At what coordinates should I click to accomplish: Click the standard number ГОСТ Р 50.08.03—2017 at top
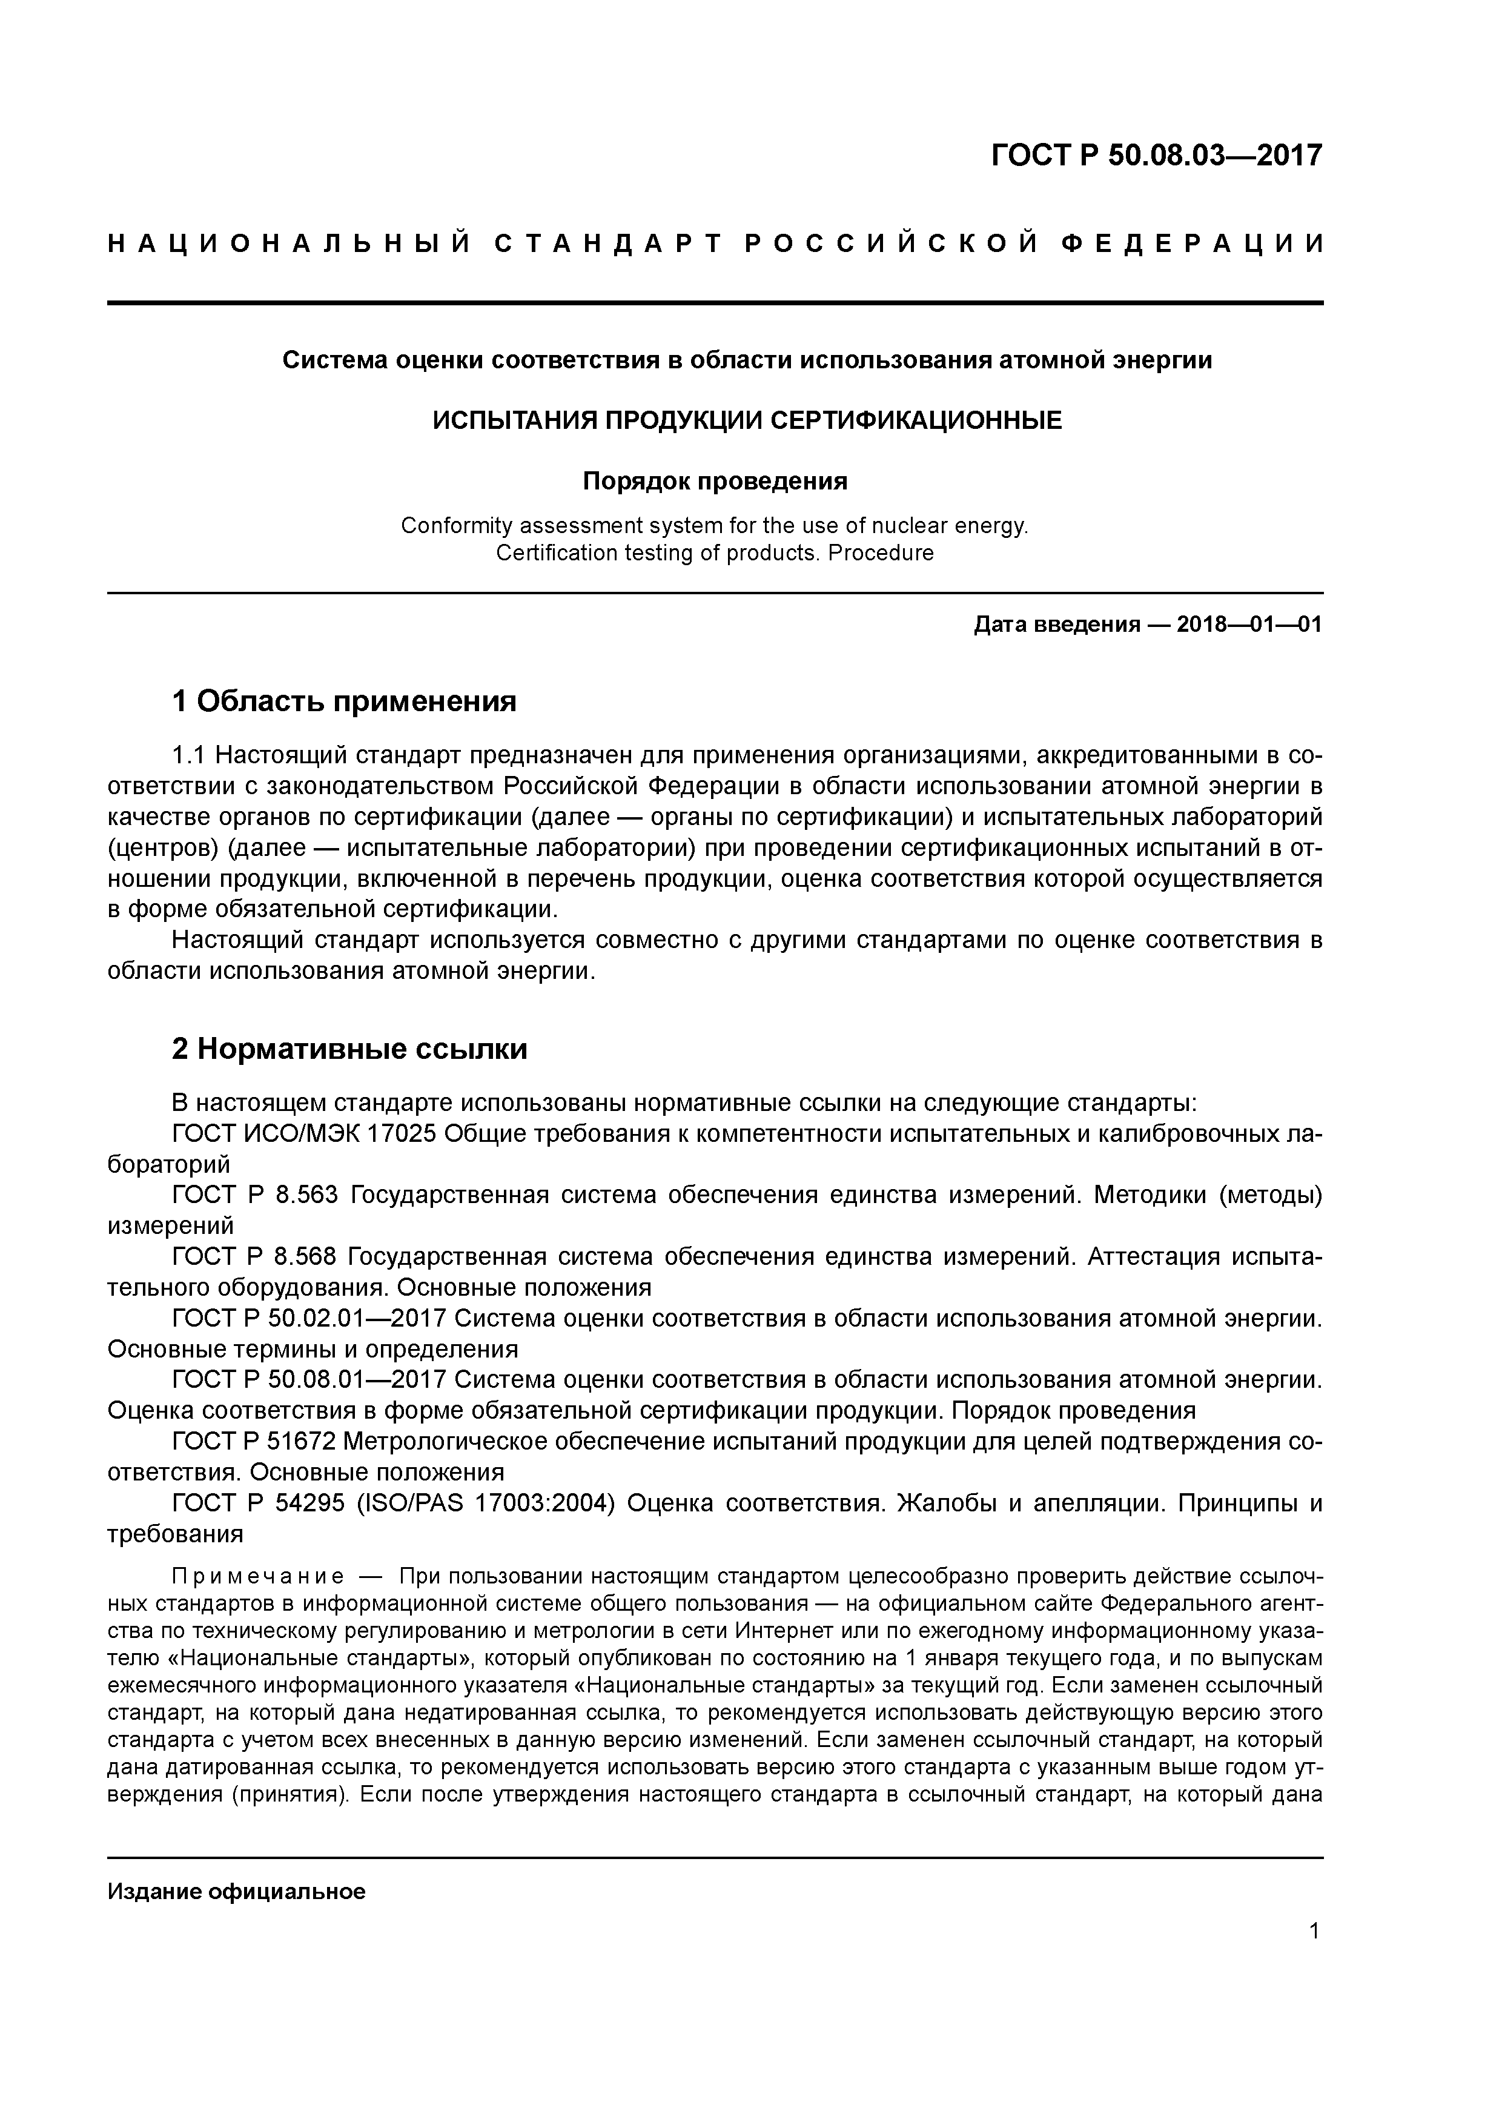(x=1156, y=156)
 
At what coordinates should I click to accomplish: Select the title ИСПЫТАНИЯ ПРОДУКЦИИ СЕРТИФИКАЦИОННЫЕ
(x=748, y=420)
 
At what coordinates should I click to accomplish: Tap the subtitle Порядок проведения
(x=715, y=481)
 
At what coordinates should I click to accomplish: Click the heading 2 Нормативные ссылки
(x=350, y=1049)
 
